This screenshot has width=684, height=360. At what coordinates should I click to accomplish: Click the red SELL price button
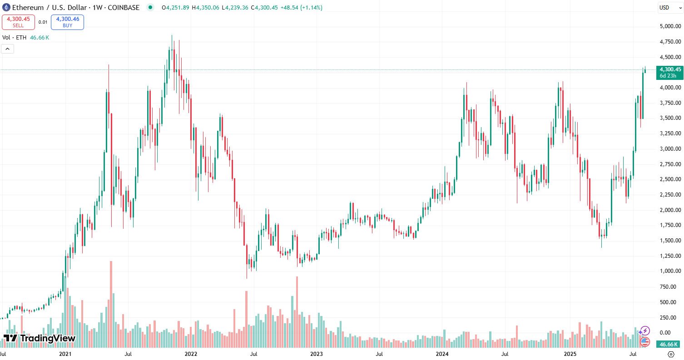[18, 22]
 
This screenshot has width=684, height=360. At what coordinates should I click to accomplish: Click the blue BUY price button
[67, 22]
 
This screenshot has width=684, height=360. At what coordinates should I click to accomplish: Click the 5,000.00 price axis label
[670, 26]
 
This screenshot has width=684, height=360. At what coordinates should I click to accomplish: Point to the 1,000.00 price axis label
[670, 271]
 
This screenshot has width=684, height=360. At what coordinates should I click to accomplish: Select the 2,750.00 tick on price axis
[670, 164]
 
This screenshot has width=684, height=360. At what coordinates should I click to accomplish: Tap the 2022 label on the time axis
[190, 353]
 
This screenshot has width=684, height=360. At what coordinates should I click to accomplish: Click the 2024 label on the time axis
[442, 353]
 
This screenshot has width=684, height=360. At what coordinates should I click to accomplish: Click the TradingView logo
[40, 338]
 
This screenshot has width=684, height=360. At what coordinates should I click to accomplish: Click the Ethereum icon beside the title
[6, 7]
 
